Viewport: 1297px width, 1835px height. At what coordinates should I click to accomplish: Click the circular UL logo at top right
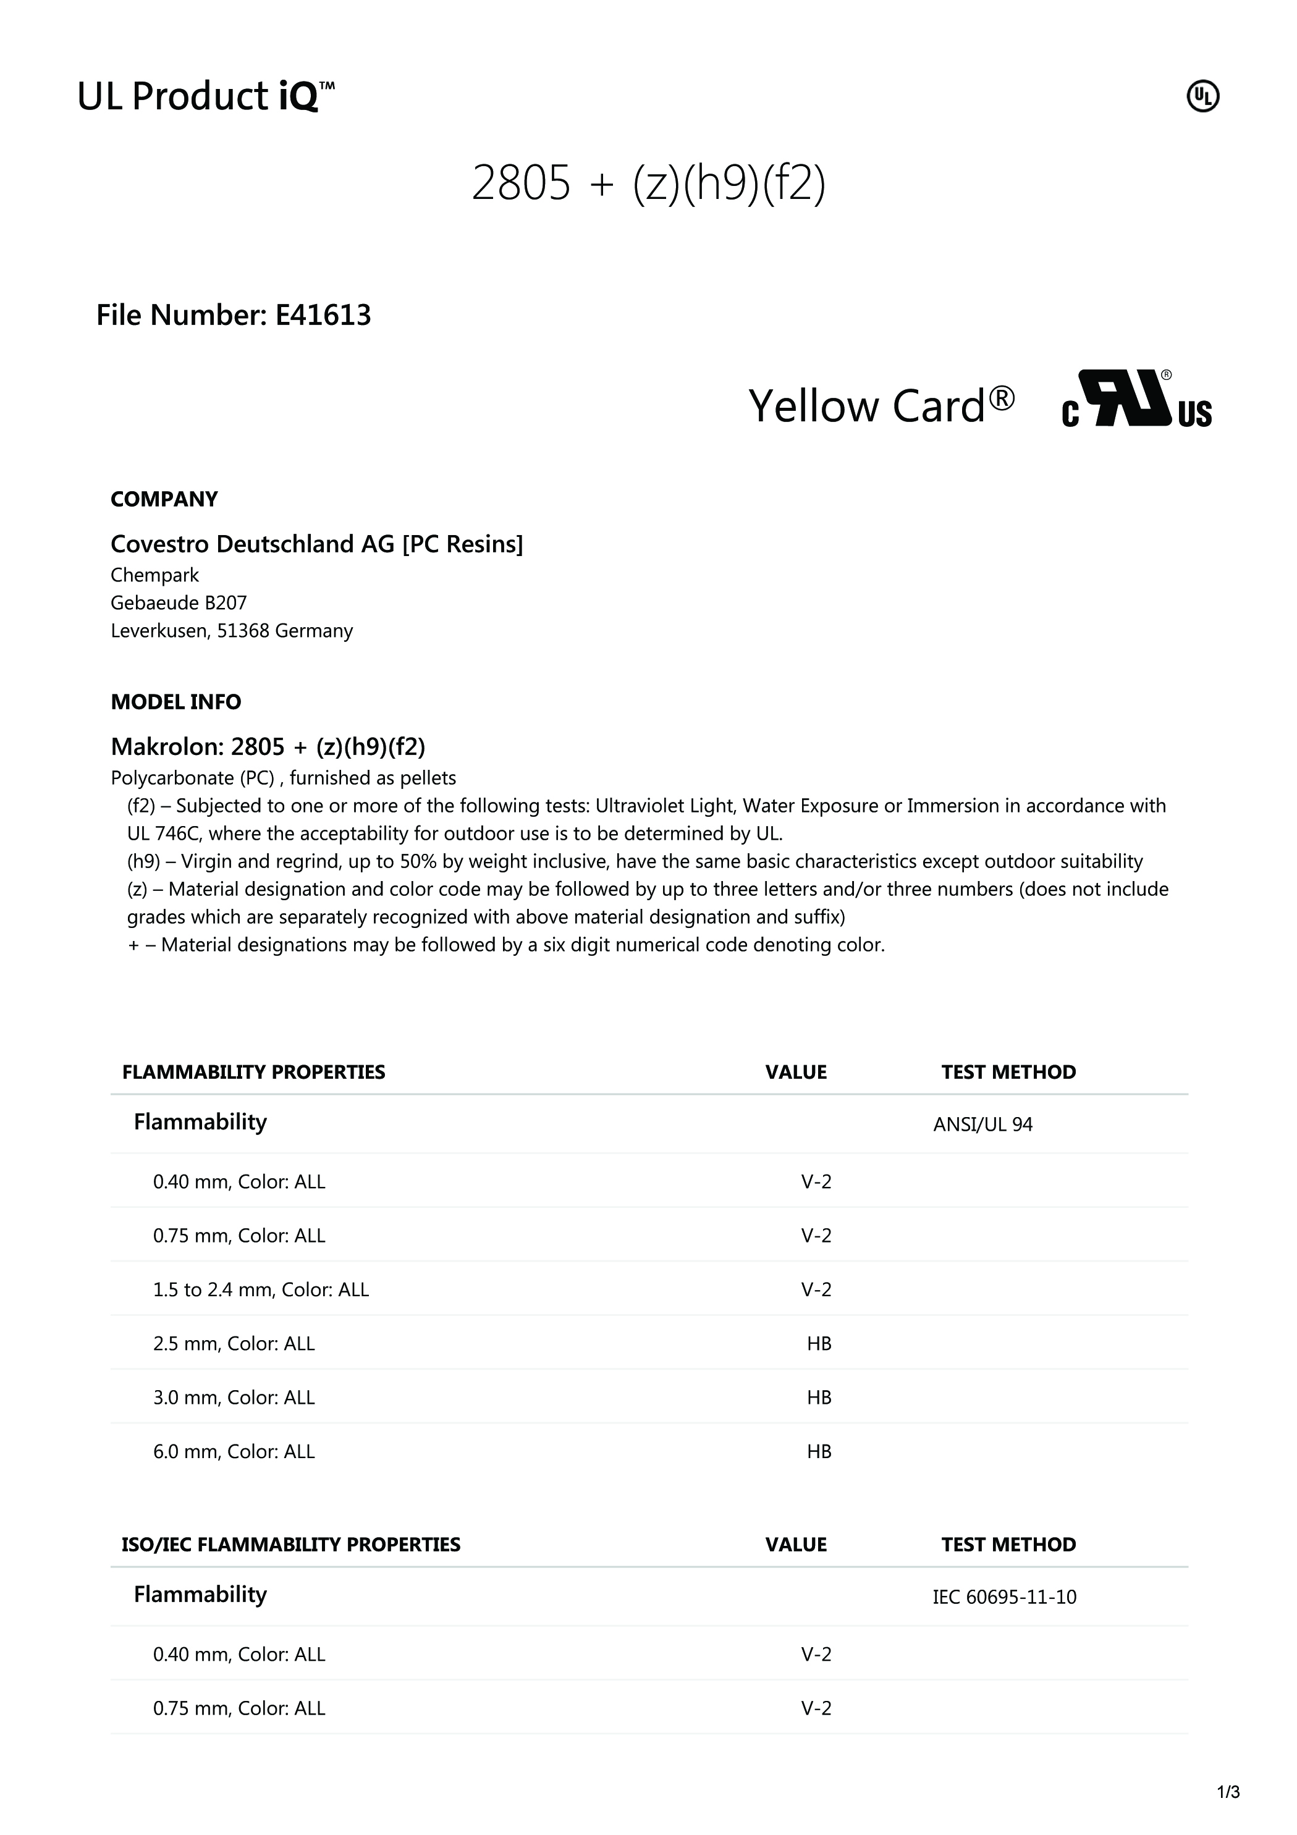point(1202,97)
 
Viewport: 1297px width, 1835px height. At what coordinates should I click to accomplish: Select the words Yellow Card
point(881,405)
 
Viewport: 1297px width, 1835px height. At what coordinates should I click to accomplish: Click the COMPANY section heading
point(164,499)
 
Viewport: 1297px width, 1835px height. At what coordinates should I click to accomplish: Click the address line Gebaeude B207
point(178,602)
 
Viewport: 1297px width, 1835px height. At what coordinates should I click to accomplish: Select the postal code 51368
point(243,631)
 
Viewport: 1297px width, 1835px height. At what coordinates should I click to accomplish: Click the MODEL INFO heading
point(176,702)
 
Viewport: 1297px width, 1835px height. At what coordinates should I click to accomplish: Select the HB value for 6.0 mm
point(819,1451)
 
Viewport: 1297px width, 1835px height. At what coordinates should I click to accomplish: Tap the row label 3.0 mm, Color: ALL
point(234,1397)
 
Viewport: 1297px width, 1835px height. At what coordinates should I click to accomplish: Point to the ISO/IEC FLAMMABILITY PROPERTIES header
point(291,1544)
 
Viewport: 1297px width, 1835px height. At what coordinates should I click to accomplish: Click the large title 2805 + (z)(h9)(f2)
point(648,183)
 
